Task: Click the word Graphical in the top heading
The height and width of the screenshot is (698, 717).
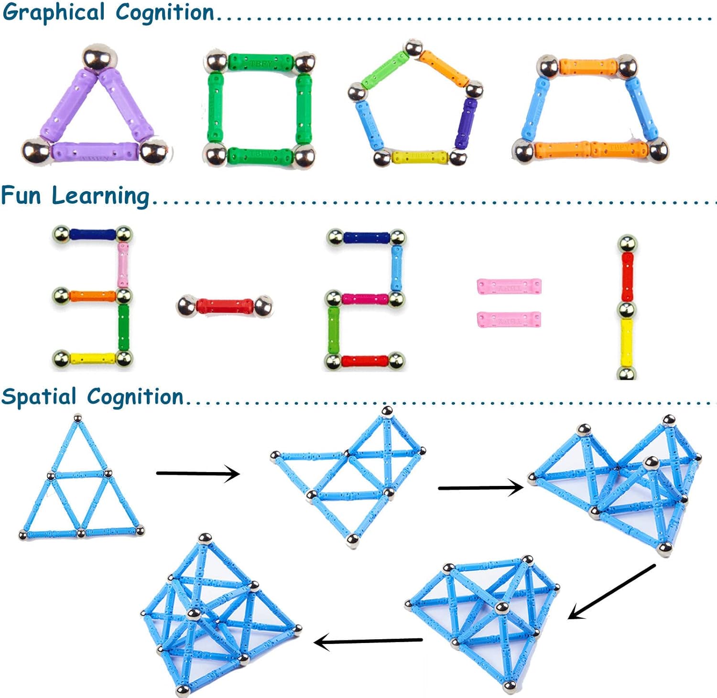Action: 54,12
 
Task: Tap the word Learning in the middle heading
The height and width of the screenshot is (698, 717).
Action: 100,196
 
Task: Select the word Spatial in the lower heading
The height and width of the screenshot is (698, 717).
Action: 39,397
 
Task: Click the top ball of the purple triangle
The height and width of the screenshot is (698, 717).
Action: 99,58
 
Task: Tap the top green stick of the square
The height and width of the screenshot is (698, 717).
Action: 261,62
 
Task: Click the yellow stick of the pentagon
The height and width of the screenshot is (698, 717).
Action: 420,156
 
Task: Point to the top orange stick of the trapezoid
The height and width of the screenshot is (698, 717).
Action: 587,66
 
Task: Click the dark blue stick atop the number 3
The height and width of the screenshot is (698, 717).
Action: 93,235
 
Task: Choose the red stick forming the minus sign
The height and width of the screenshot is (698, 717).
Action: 225,306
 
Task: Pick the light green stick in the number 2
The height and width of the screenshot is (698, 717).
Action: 334,330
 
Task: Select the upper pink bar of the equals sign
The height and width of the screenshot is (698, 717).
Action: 509,287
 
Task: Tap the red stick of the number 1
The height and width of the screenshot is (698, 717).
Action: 627,277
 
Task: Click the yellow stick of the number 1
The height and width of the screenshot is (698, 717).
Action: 626,342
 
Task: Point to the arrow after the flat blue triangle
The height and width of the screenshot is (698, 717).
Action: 198,473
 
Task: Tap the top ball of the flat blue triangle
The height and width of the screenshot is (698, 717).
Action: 77,419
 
